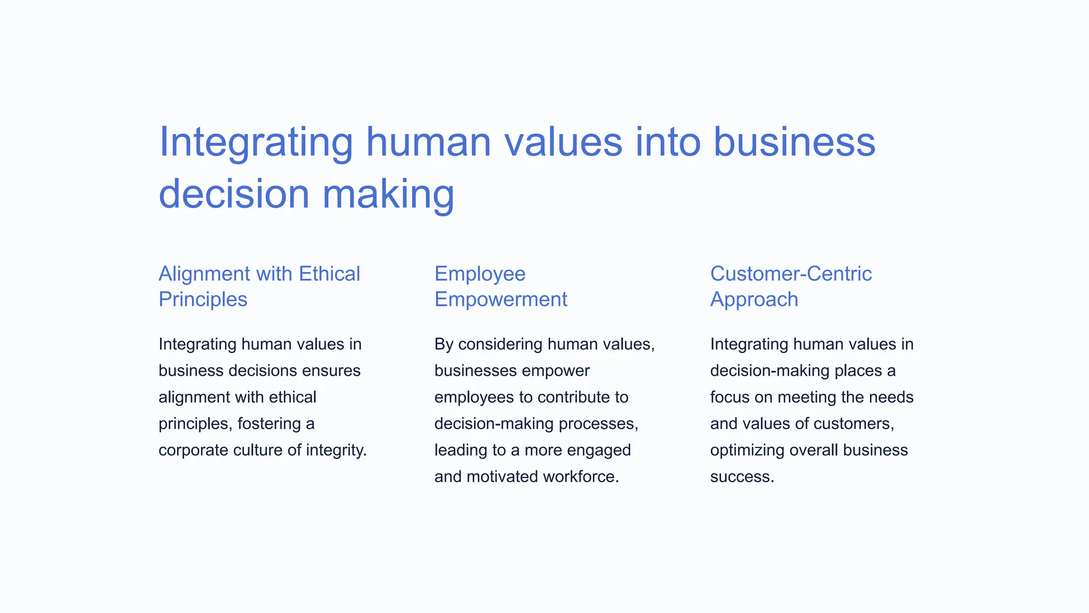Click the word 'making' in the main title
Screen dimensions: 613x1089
[388, 195]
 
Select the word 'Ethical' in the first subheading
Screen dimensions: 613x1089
[329, 274]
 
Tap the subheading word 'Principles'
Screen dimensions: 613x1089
[203, 300]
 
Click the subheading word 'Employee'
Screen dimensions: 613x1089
[480, 274]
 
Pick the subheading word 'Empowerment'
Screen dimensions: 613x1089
[500, 300]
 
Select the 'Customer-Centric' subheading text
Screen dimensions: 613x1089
[791, 274]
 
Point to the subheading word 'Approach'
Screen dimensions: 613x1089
[753, 300]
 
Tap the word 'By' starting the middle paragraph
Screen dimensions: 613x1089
[443, 344]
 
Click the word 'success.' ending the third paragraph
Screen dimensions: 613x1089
[742, 476]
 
